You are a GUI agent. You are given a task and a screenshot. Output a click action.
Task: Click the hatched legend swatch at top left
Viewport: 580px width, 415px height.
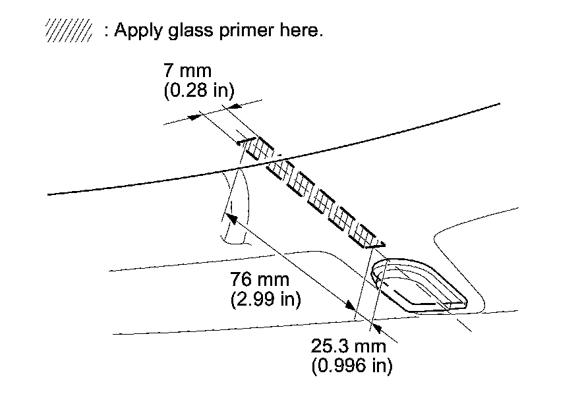[x=67, y=31]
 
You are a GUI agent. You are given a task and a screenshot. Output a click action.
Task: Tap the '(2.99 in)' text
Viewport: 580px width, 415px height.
[x=266, y=300]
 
